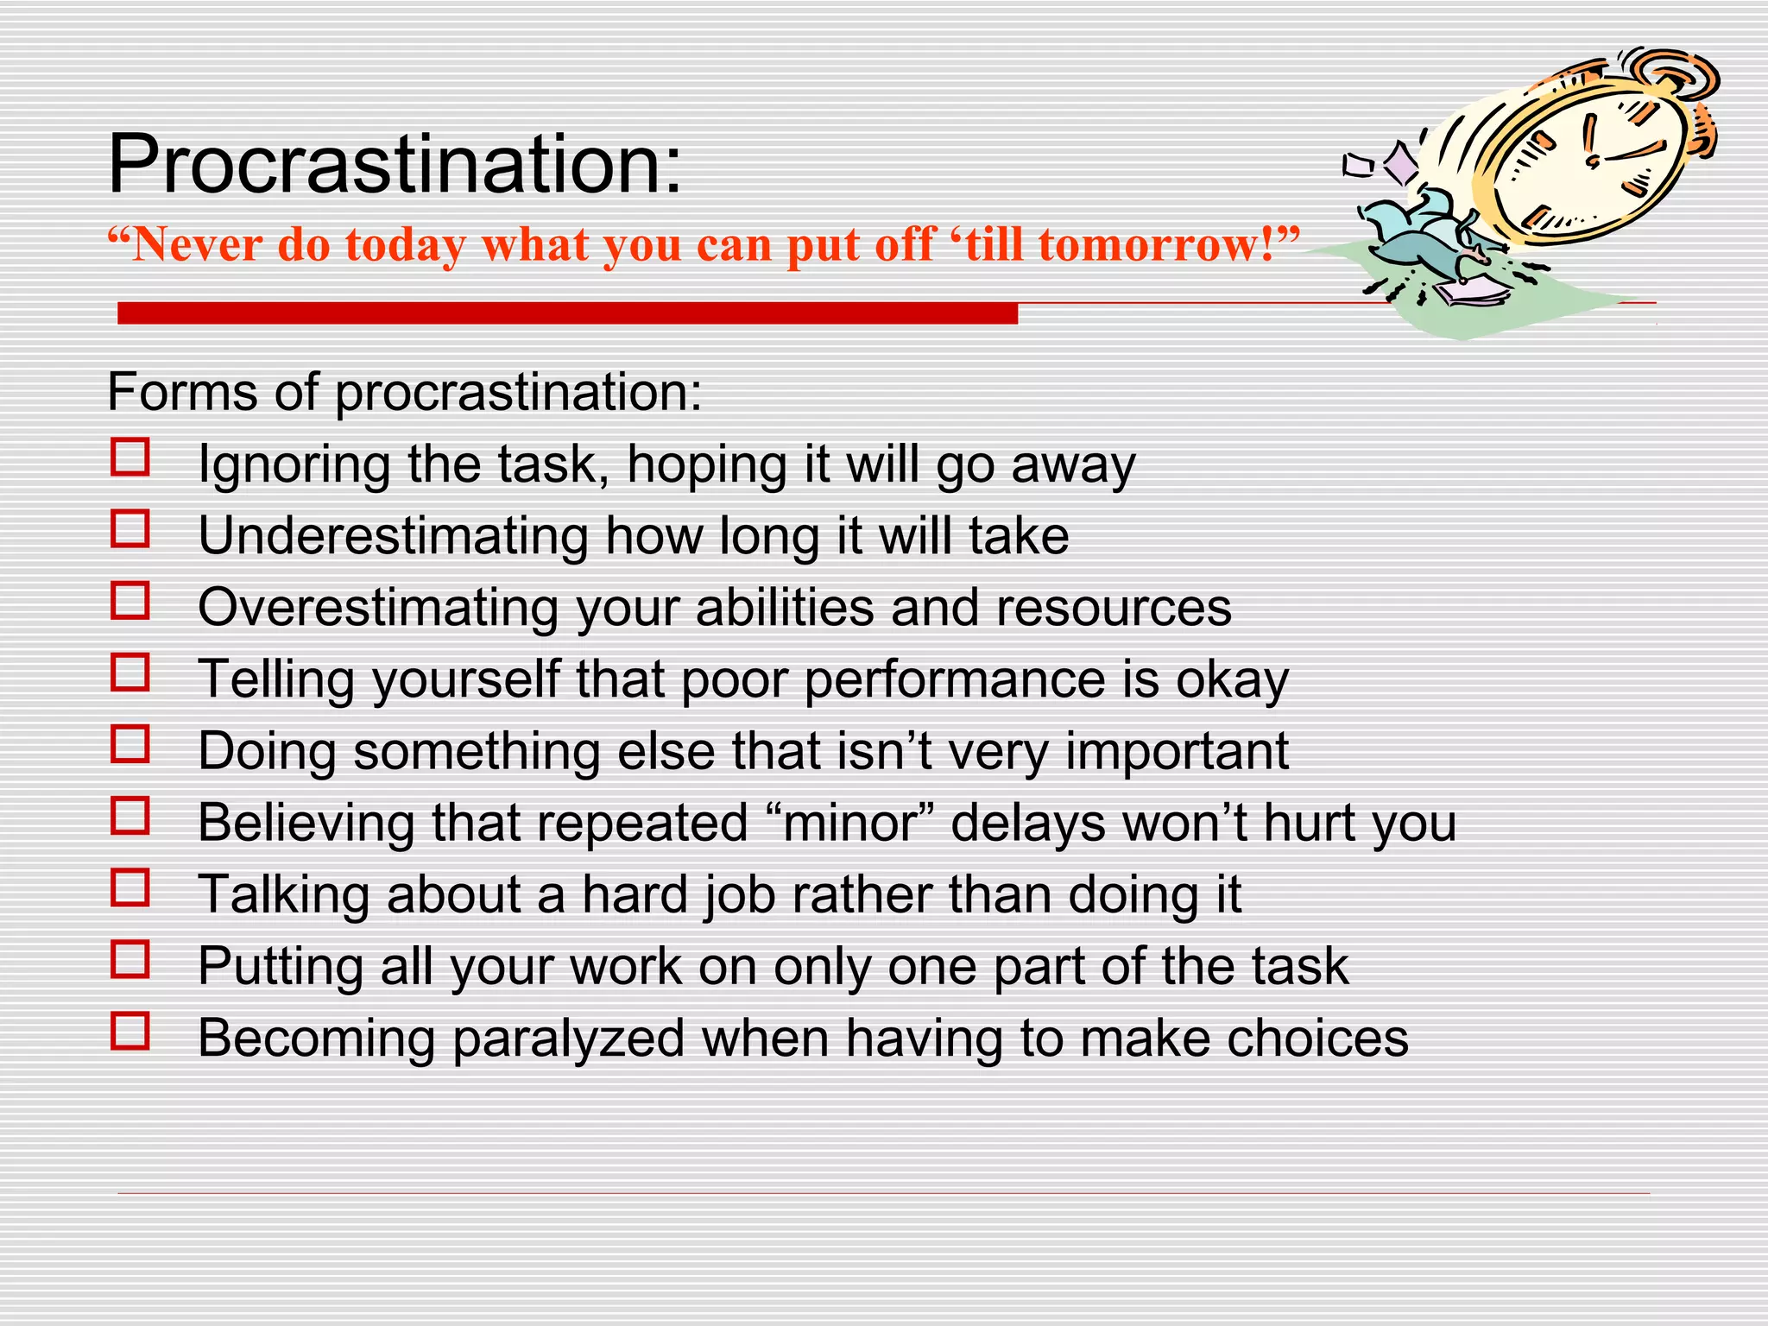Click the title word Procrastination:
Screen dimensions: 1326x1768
(x=395, y=166)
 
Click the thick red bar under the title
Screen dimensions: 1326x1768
(x=567, y=313)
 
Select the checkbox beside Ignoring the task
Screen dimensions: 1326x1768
(x=130, y=458)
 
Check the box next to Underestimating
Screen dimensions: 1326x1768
(x=130, y=528)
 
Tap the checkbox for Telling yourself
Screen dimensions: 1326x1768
(x=130, y=672)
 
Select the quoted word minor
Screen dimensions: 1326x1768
(x=850, y=823)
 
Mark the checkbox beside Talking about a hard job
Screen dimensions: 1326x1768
(x=130, y=887)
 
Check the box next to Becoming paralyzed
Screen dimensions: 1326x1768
(x=130, y=1030)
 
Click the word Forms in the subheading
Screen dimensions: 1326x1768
(x=182, y=393)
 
